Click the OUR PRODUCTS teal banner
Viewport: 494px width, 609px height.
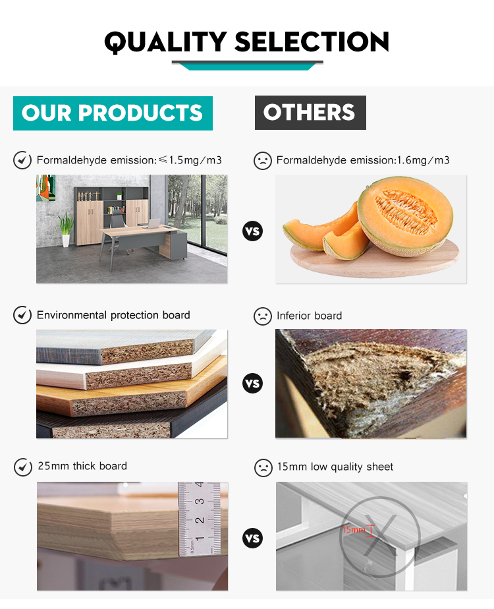(x=113, y=113)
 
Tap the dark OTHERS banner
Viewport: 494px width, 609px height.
(x=310, y=113)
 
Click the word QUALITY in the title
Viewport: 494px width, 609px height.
(x=165, y=42)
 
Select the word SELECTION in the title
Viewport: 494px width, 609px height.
(x=312, y=42)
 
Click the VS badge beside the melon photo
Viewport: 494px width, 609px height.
(x=253, y=231)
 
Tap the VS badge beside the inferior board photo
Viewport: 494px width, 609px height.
(x=253, y=384)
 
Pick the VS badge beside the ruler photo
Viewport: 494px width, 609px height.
(x=253, y=538)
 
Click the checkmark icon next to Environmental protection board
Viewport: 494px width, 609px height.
(x=22, y=315)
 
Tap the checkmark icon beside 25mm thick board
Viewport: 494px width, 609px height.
(x=23, y=467)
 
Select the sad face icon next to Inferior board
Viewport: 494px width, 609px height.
(x=263, y=316)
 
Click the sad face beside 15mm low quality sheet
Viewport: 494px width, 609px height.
(x=263, y=468)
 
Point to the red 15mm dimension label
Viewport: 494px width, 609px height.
(x=354, y=530)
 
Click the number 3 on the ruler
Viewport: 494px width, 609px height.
(x=200, y=502)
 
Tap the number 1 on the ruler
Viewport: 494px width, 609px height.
(x=200, y=539)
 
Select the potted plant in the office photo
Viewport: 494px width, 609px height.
(x=66, y=229)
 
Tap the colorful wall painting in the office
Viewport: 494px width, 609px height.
(x=46, y=188)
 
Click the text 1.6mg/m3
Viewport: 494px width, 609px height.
(x=424, y=160)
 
